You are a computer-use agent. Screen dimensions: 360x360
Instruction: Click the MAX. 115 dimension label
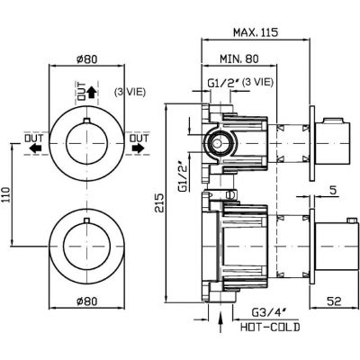pyautogui.click(x=256, y=32)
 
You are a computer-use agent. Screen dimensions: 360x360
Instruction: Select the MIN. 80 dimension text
pyautogui.click(x=239, y=58)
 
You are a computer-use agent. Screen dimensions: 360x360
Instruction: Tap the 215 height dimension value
pyautogui.click(x=159, y=203)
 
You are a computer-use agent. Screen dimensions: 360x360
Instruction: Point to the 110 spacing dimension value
pyautogui.click(x=6, y=195)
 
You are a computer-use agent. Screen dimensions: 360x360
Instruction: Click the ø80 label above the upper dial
pyautogui.click(x=87, y=58)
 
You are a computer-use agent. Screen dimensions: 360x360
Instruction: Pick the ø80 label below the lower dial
pyautogui.click(x=87, y=301)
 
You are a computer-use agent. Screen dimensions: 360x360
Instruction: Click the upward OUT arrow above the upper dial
pyautogui.click(x=91, y=94)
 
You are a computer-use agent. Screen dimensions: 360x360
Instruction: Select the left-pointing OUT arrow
pyautogui.click(x=35, y=148)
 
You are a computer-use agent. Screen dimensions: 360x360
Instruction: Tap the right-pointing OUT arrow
pyautogui.click(x=138, y=148)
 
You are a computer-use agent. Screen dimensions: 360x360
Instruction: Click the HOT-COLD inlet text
pyautogui.click(x=270, y=327)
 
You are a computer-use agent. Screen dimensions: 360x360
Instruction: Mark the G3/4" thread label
pyautogui.click(x=269, y=313)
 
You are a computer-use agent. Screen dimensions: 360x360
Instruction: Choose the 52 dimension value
pyautogui.click(x=335, y=301)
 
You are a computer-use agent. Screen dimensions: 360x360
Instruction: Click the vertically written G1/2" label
pyautogui.click(x=183, y=177)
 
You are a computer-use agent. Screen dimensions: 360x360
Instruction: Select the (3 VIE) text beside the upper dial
pyautogui.click(x=130, y=92)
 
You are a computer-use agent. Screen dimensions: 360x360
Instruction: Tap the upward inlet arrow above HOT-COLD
pyautogui.click(x=220, y=322)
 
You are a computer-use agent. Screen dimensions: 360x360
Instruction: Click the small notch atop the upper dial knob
pyautogui.click(x=86, y=121)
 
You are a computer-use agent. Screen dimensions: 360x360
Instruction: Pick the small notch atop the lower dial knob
pyautogui.click(x=86, y=220)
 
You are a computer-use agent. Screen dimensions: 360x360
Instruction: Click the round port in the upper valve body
pyautogui.click(x=218, y=144)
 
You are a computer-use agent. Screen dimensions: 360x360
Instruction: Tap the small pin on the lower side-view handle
pyautogui.click(x=352, y=220)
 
